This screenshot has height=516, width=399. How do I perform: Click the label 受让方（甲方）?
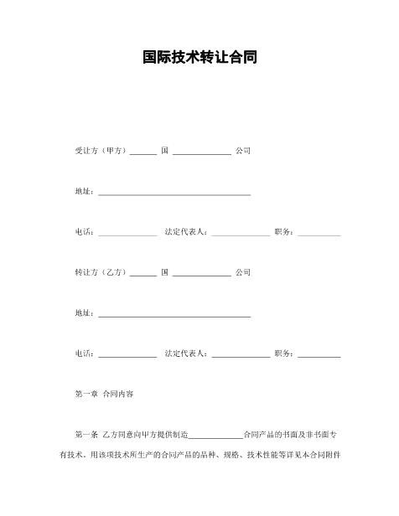click(x=101, y=151)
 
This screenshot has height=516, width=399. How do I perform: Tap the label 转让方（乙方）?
click(x=101, y=273)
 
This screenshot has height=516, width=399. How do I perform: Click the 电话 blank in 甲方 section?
click(x=127, y=234)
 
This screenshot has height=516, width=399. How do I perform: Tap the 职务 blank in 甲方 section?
click(x=319, y=234)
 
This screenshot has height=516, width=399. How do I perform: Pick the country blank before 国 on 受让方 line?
click(x=142, y=153)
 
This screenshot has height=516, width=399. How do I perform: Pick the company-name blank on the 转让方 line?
click(x=201, y=275)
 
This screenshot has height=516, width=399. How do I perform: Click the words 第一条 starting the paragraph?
click(x=86, y=435)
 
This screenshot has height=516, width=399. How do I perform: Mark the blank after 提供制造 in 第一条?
click(x=215, y=436)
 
